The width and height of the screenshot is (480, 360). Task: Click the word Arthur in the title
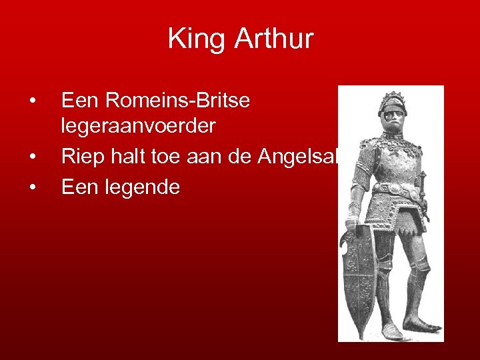pyautogui.click(x=273, y=39)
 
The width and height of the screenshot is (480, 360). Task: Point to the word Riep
pyautogui.click(x=81, y=156)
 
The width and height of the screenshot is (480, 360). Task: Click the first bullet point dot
pyautogui.click(x=32, y=101)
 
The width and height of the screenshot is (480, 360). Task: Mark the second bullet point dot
pyautogui.click(x=32, y=156)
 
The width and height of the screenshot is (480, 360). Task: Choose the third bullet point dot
pyautogui.click(x=32, y=187)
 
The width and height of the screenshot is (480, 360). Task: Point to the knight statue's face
pyautogui.click(x=393, y=119)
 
